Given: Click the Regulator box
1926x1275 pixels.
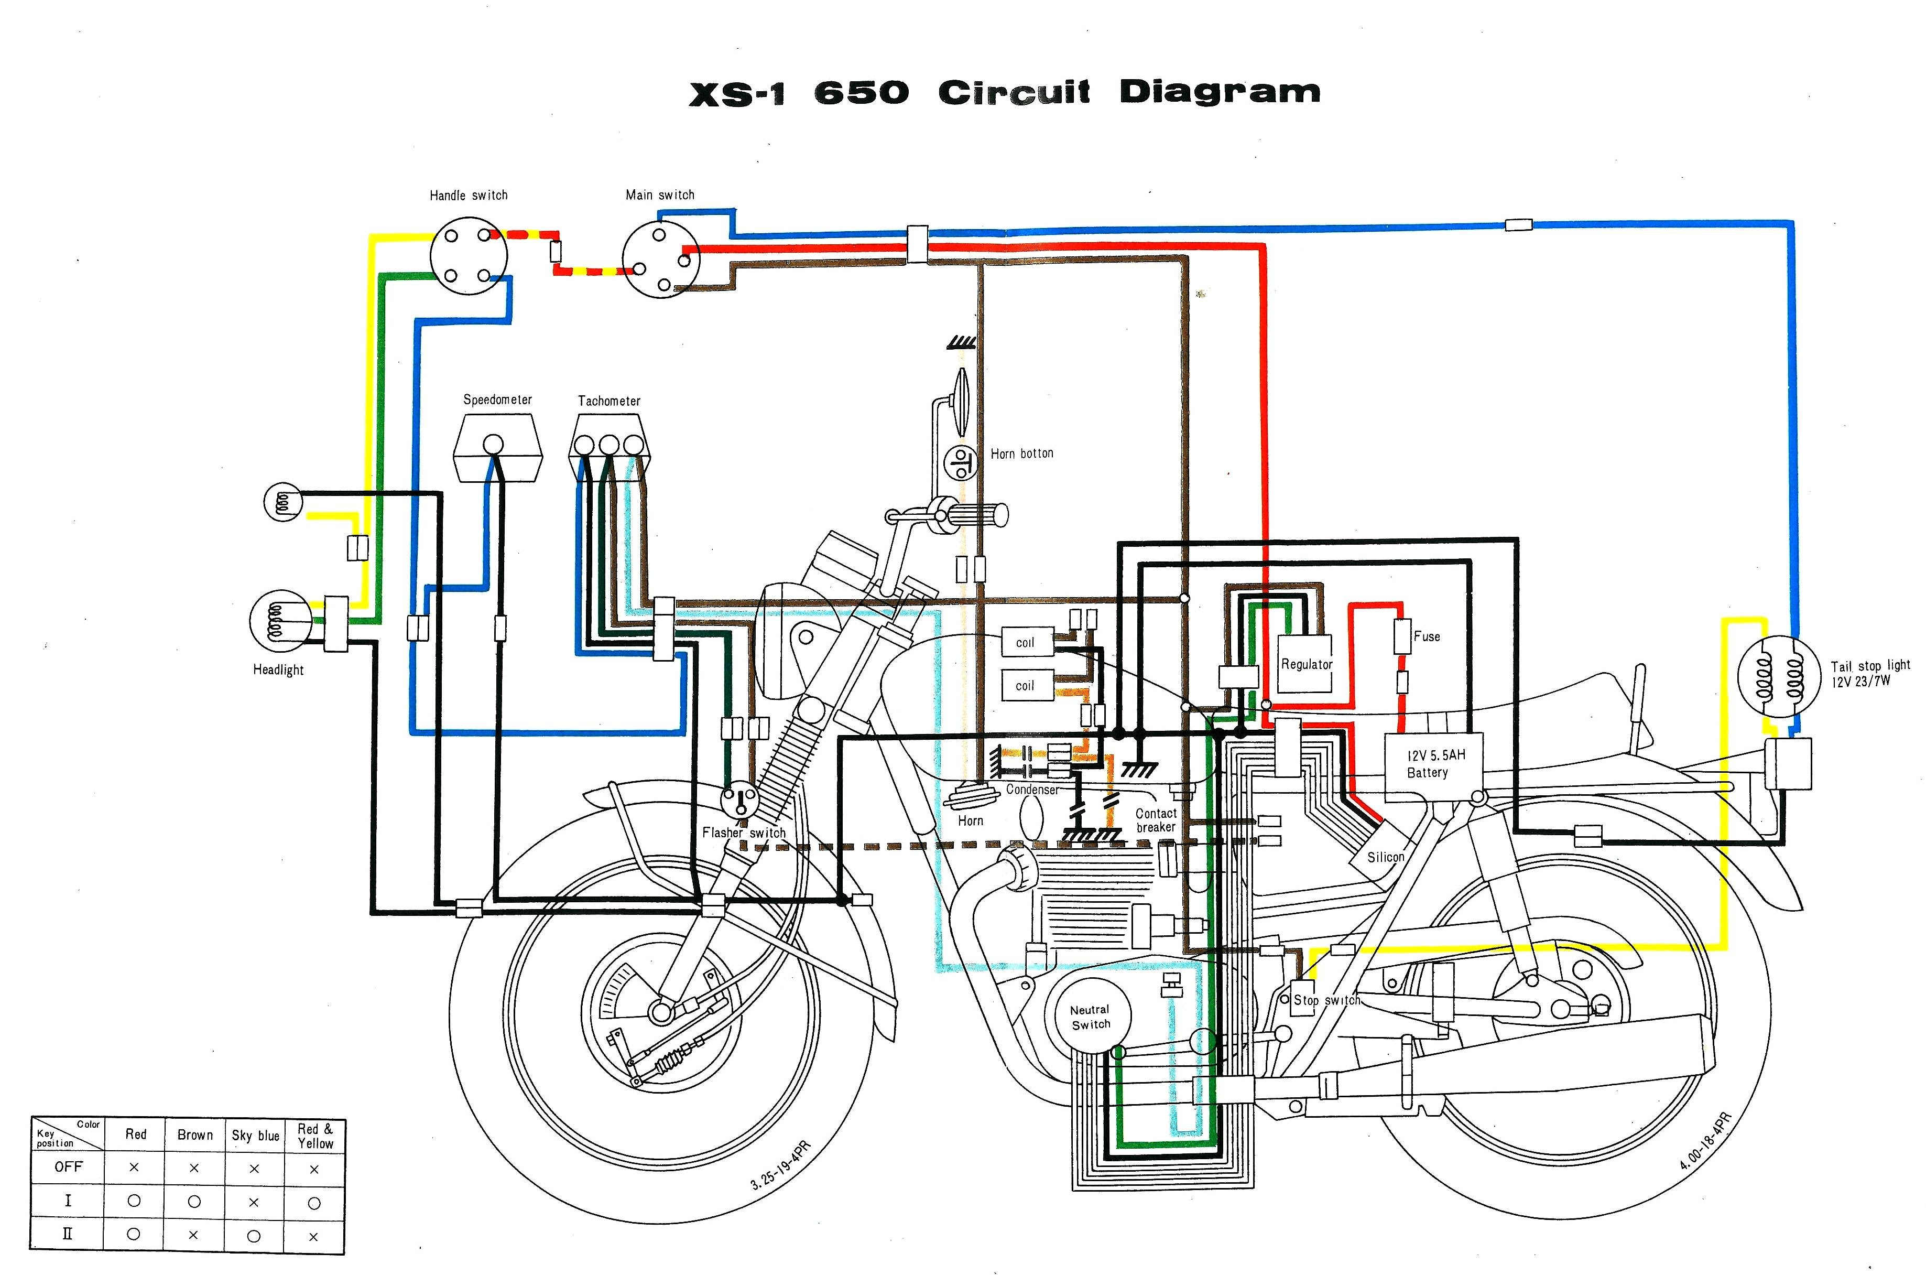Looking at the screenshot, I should [x=1306, y=664].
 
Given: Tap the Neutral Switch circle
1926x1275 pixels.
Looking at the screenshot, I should [x=1090, y=1017].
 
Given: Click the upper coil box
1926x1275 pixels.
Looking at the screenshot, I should [x=1026, y=642].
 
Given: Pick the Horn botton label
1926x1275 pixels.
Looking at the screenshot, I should [x=1021, y=453].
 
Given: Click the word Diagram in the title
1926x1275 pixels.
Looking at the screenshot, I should [x=1219, y=92].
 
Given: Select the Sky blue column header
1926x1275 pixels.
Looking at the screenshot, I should [x=255, y=1135].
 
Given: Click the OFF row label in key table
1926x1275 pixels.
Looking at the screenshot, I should [x=68, y=1167].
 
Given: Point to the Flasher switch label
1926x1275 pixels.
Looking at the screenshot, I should [x=744, y=833].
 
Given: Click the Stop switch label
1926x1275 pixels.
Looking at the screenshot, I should [x=1326, y=1000].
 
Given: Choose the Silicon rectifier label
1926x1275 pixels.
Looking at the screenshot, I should [x=1385, y=857].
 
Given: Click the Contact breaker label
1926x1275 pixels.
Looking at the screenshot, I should [x=1156, y=819].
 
